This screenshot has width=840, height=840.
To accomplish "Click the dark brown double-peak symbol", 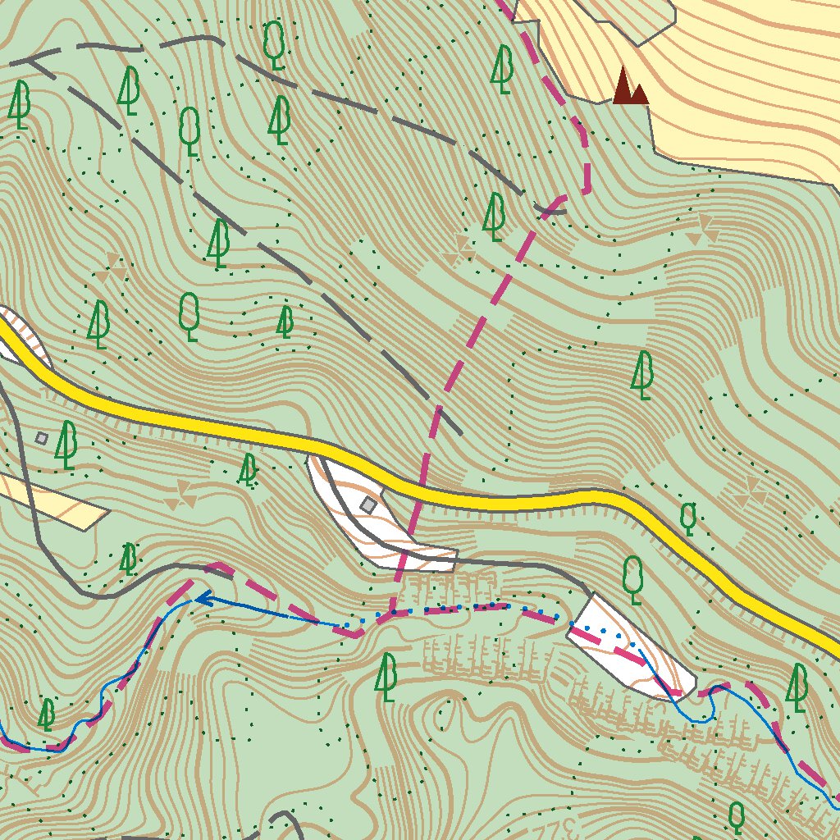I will coord(629,87).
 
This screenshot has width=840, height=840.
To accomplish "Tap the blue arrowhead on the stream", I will coord(199,600).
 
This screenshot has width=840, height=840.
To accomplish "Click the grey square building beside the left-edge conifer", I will coord(42,438).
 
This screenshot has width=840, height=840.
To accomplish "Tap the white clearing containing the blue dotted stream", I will coord(632,648).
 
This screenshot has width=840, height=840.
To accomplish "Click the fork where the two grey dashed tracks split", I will coord(33,61).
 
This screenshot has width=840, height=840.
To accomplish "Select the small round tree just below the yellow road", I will coord(688,518).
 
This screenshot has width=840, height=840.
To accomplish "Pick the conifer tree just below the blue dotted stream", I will coord(386,676).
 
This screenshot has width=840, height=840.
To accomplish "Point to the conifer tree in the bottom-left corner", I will coord(47,714).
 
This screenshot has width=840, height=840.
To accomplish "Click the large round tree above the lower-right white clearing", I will coord(632,577).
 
